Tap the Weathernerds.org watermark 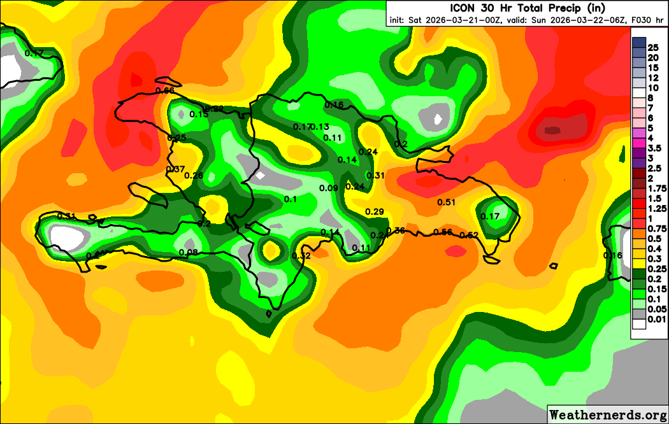point(607,414)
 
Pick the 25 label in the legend point(652,47)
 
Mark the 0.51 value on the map point(447,202)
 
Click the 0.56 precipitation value point(443,232)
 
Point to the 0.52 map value point(468,236)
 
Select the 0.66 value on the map point(164,90)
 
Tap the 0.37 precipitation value point(175,169)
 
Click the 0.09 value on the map point(329,188)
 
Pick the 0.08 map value point(189,253)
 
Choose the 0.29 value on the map point(375,212)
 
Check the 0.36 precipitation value point(396,230)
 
